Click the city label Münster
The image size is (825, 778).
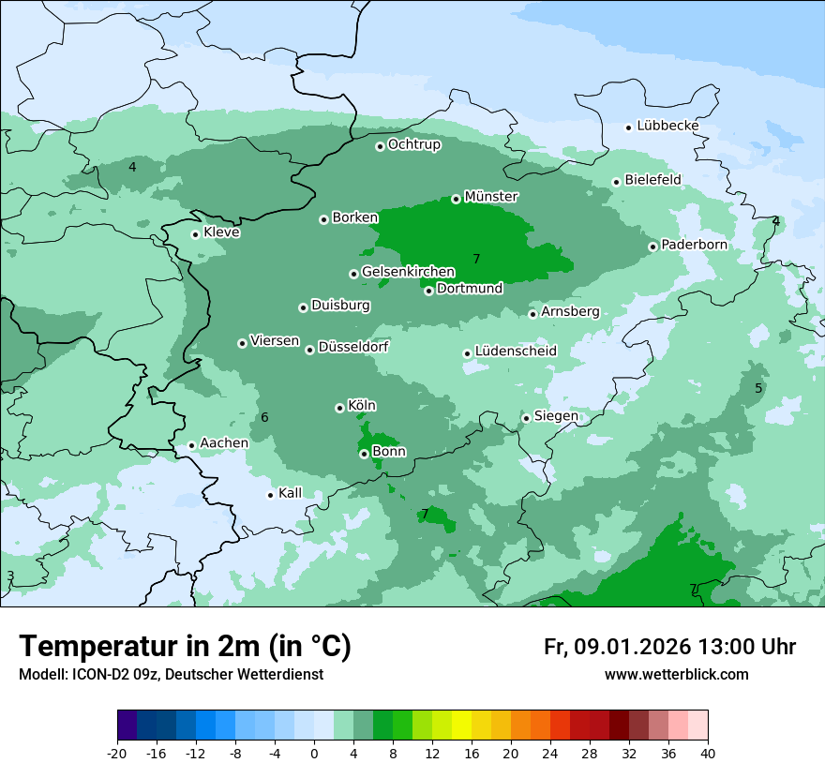(x=490, y=197)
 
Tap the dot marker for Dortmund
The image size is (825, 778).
(x=428, y=291)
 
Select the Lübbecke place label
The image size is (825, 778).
(x=667, y=126)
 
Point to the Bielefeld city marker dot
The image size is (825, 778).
(x=617, y=182)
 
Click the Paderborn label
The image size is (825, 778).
(x=694, y=245)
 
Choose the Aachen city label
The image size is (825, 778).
(x=224, y=443)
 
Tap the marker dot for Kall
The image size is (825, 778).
(x=271, y=495)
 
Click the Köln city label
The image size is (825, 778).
(x=361, y=406)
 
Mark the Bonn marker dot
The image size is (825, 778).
(x=364, y=454)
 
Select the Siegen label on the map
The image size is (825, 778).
(x=556, y=416)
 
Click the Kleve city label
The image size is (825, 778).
(x=221, y=232)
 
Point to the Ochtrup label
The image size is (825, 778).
(x=413, y=144)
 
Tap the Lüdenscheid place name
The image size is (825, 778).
(x=516, y=352)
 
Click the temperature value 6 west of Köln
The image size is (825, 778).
(x=264, y=417)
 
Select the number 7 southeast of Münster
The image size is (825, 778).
(x=476, y=259)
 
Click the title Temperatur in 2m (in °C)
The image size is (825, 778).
(x=185, y=646)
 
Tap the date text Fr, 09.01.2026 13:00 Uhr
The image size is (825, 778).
(x=669, y=647)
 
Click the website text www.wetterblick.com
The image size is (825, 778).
(x=676, y=675)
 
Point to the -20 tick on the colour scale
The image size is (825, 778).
(x=117, y=753)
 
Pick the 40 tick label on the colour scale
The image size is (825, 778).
(x=708, y=753)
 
